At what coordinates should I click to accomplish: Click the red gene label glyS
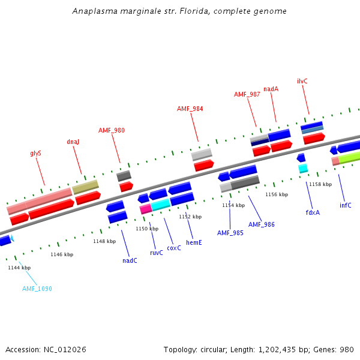point(35,153)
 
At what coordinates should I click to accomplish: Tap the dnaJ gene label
point(73,142)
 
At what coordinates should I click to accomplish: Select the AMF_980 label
point(112,130)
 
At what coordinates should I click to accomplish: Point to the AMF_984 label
point(190,109)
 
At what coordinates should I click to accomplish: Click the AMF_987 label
point(247,94)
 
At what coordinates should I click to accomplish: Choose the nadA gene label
point(271,89)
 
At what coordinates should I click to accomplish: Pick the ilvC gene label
point(302,81)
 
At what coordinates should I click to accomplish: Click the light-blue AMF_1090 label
point(37,289)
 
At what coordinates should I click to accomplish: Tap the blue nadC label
point(130,260)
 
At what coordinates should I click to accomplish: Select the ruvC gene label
point(156,253)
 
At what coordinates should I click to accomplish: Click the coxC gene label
point(173,248)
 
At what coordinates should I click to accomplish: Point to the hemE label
point(193,242)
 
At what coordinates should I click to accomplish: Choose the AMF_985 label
point(230,233)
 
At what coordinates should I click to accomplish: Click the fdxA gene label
point(313,212)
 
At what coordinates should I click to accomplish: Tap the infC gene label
point(345,205)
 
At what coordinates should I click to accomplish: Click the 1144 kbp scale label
point(19,268)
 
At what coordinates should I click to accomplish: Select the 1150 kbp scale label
point(147,229)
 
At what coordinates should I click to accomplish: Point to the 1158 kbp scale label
point(320,184)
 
